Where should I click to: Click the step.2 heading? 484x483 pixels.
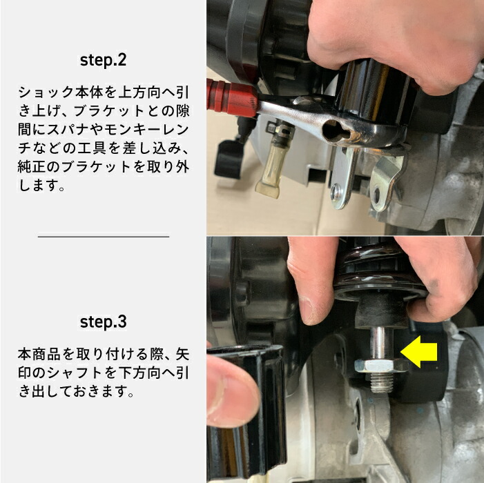pos(103,60)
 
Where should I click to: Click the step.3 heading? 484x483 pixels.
pos(103,322)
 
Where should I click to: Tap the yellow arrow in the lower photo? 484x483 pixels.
pos(419,353)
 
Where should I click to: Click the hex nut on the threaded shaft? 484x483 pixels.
pos(376,368)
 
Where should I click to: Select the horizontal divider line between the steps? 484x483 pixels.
pos(103,236)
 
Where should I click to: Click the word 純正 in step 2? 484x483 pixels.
pos(30,166)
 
